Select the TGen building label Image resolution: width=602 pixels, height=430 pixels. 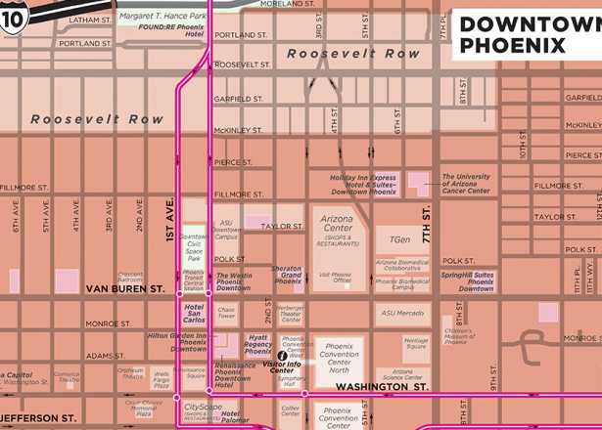(399, 239)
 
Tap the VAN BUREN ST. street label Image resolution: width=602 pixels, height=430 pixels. (125, 289)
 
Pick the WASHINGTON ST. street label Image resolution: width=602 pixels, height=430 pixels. (382, 387)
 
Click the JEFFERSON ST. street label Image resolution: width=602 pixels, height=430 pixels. (39, 417)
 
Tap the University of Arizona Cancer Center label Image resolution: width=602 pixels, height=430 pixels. (466, 184)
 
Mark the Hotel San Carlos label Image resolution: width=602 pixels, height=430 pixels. (194, 313)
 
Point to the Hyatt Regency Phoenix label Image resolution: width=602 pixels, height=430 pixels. (257, 343)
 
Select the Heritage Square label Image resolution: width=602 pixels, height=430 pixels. (415, 344)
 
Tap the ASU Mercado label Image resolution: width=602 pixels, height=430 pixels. (402, 313)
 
